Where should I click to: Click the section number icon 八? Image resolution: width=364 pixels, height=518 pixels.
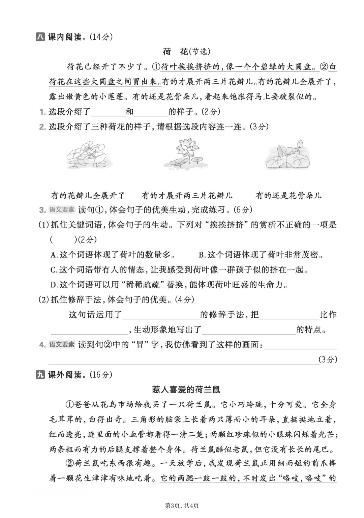(40, 37)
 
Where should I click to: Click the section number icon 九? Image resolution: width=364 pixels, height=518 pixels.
(40, 375)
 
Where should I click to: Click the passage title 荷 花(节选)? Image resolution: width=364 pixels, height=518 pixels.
(186, 52)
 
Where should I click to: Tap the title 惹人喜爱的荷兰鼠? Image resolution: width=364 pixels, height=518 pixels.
(186, 390)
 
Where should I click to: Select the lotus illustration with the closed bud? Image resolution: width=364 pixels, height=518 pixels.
(286, 155)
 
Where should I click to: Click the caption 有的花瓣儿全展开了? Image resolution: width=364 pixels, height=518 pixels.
(88, 195)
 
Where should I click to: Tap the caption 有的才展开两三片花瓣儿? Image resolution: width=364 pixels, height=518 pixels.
(187, 195)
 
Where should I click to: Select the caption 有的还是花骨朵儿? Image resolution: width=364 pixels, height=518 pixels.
(289, 195)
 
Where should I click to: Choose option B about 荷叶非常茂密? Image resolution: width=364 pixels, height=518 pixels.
(261, 255)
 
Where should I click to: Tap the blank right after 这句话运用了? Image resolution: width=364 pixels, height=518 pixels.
(161, 315)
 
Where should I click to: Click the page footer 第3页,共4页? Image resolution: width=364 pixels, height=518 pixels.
(182, 506)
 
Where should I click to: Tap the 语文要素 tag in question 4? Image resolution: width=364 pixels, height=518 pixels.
(62, 345)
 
